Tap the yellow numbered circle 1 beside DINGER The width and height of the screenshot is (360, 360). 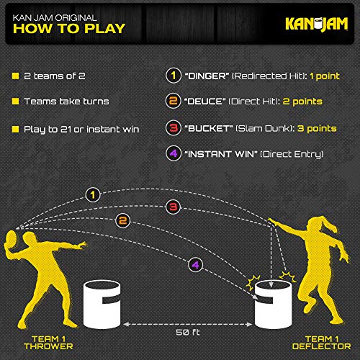click(174, 76)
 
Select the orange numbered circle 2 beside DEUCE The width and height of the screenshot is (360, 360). click(174, 102)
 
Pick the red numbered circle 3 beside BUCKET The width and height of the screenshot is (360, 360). click(174, 128)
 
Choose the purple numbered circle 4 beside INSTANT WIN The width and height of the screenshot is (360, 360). click(174, 154)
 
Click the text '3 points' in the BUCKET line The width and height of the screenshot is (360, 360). click(316, 128)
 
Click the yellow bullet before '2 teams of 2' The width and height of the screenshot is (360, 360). click(15, 76)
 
